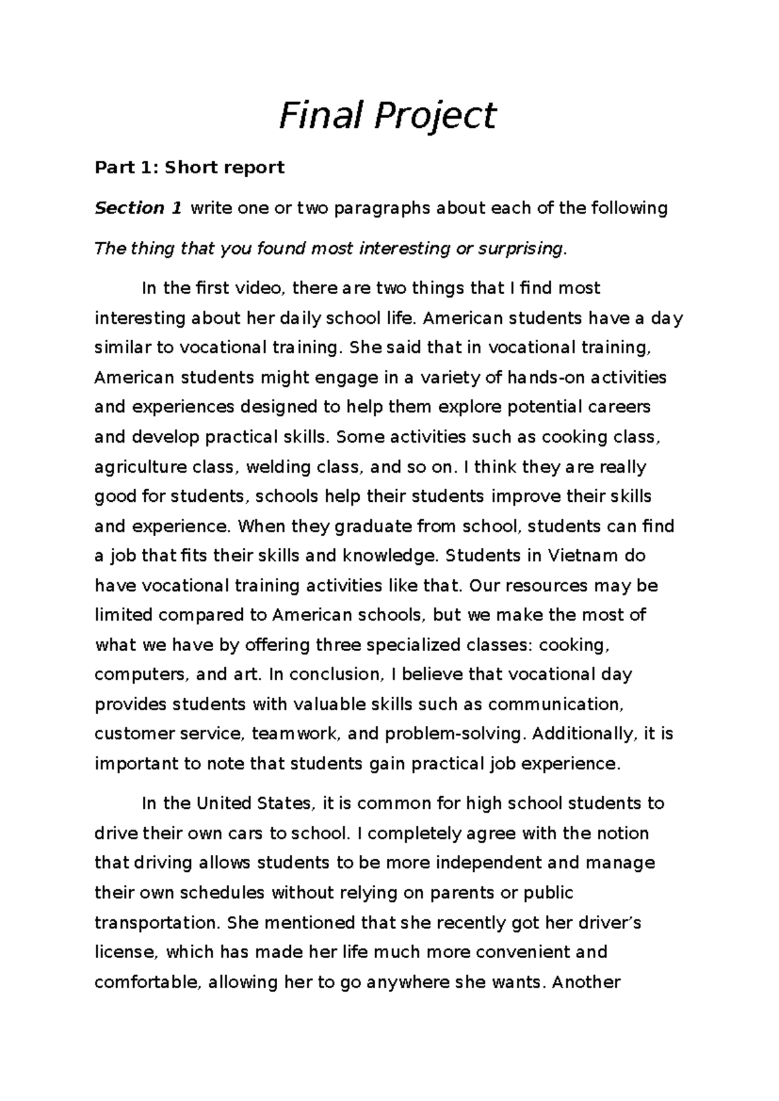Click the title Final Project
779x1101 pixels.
click(x=388, y=117)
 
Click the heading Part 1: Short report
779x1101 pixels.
click(x=190, y=167)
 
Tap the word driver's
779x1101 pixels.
click(x=605, y=922)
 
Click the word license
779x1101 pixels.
click(x=126, y=952)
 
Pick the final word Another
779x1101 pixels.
click(x=584, y=982)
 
